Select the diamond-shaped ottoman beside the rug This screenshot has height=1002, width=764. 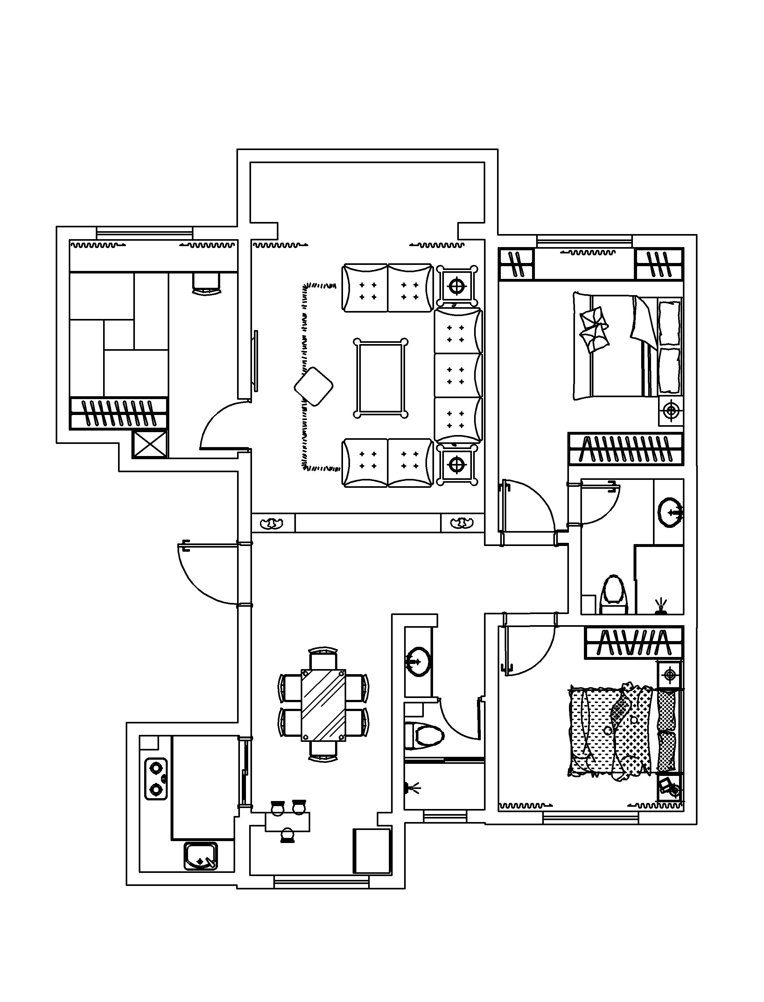[313, 387]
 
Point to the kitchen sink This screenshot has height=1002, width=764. [200, 856]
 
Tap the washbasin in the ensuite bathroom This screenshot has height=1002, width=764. [670, 512]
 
